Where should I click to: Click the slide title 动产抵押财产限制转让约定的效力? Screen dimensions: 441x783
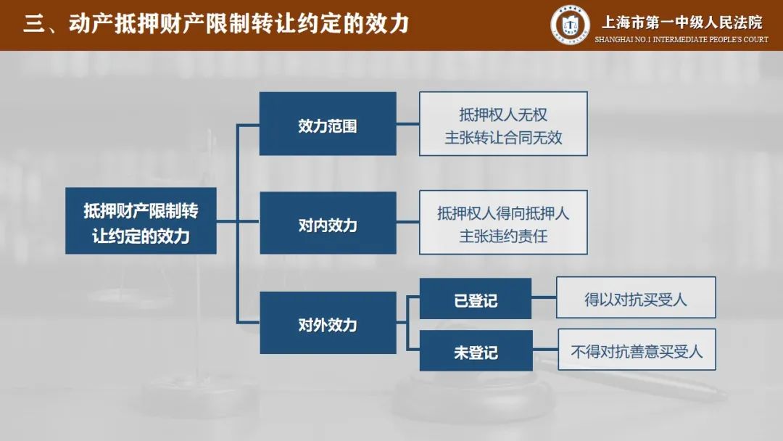(x=239, y=24)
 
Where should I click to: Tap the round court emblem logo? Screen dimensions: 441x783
(x=570, y=25)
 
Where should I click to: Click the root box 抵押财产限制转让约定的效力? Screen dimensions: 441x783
(x=141, y=221)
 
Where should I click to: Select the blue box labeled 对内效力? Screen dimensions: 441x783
(x=328, y=223)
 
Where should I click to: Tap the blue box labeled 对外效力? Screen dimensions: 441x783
(x=328, y=323)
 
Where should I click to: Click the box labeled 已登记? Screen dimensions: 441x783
(x=476, y=299)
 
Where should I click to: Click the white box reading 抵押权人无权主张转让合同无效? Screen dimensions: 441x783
(x=503, y=124)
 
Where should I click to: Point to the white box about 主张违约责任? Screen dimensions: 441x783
(x=503, y=223)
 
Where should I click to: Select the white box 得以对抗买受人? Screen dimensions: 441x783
(x=636, y=297)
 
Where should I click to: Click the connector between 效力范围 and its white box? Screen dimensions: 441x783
(x=407, y=124)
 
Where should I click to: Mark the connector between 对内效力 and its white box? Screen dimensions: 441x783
(x=407, y=223)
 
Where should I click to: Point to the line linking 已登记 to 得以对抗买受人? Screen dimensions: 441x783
(x=544, y=298)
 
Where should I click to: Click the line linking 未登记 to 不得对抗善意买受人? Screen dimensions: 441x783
(x=545, y=350)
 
